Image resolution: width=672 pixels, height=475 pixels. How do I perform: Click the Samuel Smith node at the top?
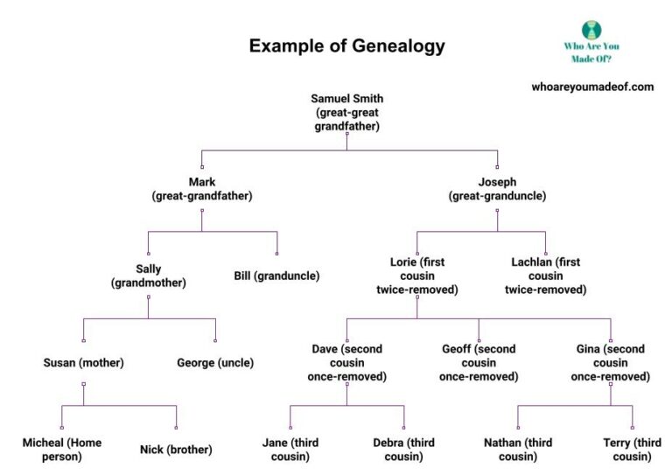click(346, 112)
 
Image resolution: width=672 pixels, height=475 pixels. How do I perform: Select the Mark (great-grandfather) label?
click(202, 189)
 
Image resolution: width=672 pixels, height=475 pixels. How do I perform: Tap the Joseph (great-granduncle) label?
click(498, 189)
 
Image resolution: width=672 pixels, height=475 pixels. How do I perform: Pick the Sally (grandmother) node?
click(148, 276)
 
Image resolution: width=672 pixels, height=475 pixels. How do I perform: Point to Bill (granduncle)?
click(276, 276)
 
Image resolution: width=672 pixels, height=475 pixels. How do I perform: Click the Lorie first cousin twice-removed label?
click(416, 275)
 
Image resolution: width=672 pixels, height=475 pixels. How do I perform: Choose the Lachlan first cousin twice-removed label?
click(545, 275)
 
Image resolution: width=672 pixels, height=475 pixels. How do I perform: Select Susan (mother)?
click(84, 362)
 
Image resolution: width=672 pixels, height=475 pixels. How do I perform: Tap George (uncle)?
click(215, 362)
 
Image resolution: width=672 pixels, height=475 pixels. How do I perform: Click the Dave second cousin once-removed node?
click(346, 362)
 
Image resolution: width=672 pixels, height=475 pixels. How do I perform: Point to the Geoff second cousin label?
click(479, 362)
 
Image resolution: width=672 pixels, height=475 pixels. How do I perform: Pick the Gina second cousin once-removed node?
click(610, 362)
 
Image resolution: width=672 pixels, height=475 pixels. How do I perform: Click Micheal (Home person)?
click(62, 450)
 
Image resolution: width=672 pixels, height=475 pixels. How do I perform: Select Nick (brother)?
click(176, 450)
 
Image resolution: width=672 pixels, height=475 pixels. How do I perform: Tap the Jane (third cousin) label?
click(290, 450)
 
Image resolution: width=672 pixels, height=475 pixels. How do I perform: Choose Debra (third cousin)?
click(403, 450)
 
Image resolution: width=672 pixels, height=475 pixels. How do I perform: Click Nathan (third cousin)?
click(517, 450)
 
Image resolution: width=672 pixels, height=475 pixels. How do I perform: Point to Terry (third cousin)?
click(633, 450)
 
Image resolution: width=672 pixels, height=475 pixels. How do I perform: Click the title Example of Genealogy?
click(347, 46)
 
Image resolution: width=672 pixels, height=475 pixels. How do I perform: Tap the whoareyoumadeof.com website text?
click(592, 87)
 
